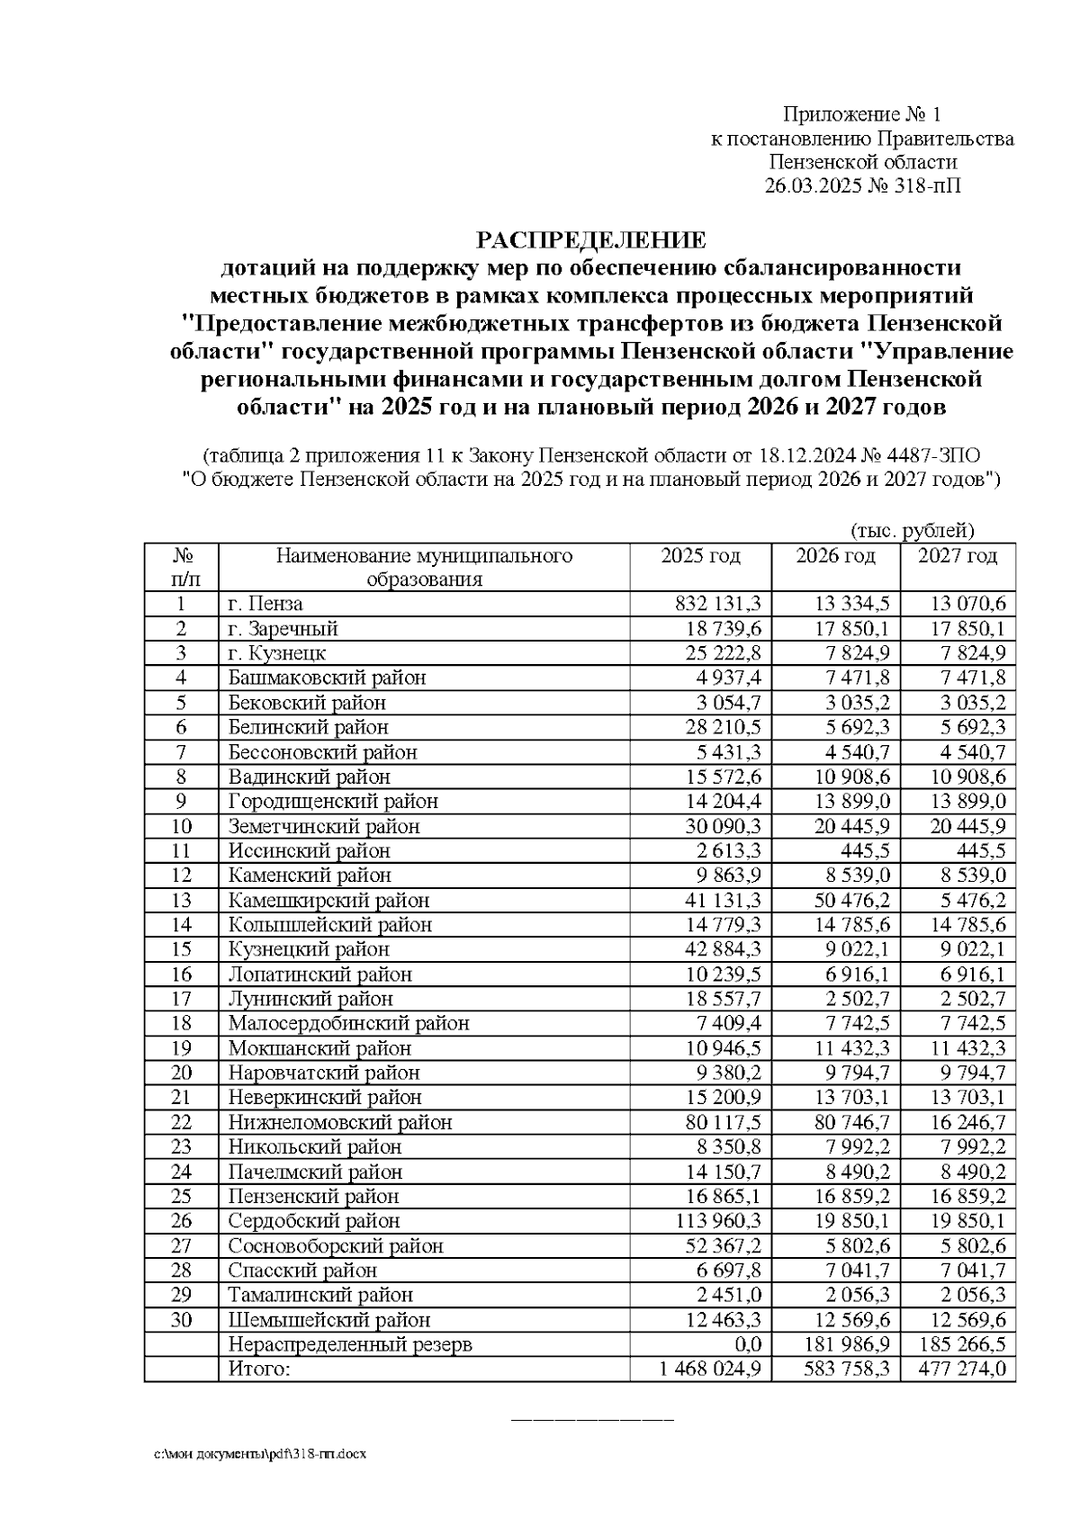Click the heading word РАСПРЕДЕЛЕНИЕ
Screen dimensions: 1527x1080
[x=591, y=240]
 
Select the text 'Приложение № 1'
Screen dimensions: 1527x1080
[x=861, y=114]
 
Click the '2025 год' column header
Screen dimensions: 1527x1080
[x=700, y=556]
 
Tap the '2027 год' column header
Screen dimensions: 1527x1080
[x=958, y=556]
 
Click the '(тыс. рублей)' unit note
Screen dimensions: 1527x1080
[x=912, y=530]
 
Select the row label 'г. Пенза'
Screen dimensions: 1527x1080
[x=265, y=603]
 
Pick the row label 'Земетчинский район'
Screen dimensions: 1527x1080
[x=324, y=826]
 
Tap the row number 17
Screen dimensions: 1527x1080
[x=181, y=999]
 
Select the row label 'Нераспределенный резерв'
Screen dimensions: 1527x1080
[x=349, y=1344]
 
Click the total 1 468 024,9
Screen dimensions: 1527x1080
[x=709, y=1370]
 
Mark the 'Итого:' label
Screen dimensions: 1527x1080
[x=259, y=1370]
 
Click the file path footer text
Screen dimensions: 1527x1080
[x=260, y=1454]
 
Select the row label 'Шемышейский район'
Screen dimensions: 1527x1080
[x=328, y=1320]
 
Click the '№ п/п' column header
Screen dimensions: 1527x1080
[x=181, y=567]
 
